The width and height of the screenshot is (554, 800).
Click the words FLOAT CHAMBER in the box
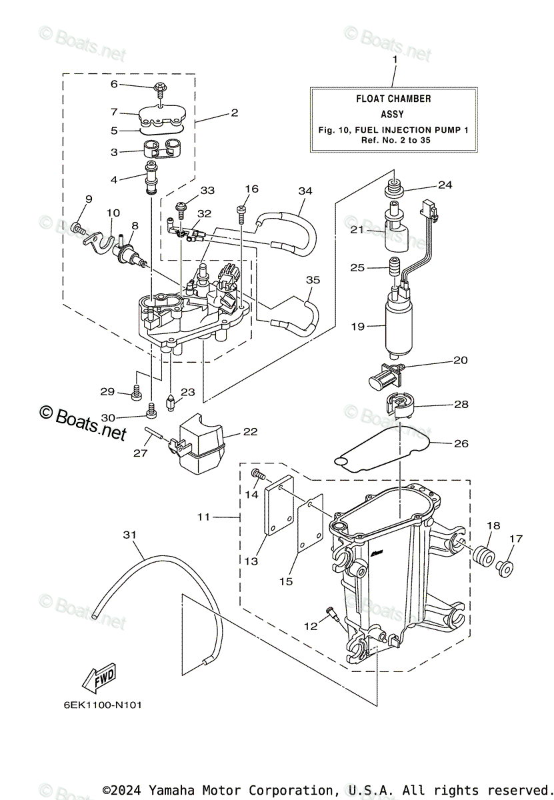pos(393,99)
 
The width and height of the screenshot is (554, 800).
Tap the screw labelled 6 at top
pos(161,87)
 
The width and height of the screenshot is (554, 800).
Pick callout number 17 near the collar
pos(517,539)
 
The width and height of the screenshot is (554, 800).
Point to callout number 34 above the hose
pos(305,191)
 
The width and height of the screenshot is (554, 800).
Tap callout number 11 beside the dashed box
pos(203,517)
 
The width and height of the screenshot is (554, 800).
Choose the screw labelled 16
pos(241,213)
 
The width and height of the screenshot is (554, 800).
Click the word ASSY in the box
pos(393,114)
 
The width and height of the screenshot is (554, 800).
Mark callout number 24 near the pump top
pos(445,185)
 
